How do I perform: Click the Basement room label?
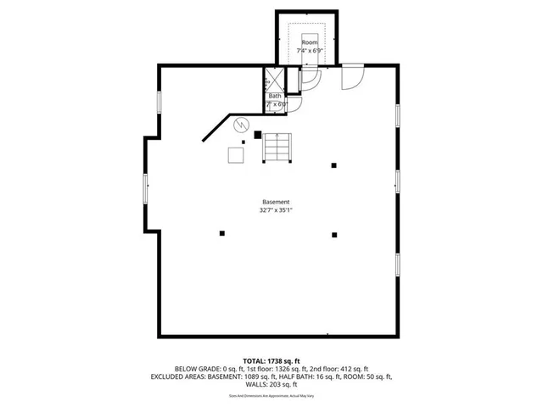pyautogui.click(x=276, y=202)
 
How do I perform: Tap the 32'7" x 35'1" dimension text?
pyautogui.click(x=276, y=210)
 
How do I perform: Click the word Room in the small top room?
pyautogui.click(x=310, y=42)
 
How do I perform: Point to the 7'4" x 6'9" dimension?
pyautogui.click(x=310, y=52)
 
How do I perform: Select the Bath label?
pyautogui.click(x=275, y=96)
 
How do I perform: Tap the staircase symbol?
pyautogui.click(x=277, y=148)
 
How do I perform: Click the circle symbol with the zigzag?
pyautogui.click(x=241, y=124)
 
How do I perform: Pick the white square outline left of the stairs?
pyautogui.click(x=235, y=155)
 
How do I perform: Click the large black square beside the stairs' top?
pyautogui.click(x=257, y=133)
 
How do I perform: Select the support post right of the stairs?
pyautogui.click(x=334, y=165)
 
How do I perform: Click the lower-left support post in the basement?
pyautogui.click(x=222, y=233)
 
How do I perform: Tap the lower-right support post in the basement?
pyautogui.click(x=334, y=235)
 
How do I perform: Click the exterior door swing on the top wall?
pyautogui.click(x=350, y=78)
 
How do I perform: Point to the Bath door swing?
pyautogui.click(x=294, y=105)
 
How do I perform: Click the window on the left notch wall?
pyautogui.click(x=146, y=187)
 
